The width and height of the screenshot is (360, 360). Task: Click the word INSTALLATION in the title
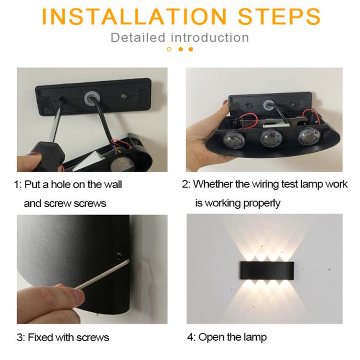134,17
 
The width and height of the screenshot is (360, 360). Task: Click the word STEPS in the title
279,17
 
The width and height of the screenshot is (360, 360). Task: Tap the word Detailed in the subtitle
138,38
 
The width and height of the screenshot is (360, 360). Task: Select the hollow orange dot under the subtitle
169,49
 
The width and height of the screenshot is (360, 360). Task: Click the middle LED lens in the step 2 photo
271,139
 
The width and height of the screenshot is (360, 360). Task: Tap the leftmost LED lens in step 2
234,140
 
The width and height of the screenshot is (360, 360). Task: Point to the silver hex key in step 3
102,274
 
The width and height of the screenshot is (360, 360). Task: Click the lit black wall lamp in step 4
267,271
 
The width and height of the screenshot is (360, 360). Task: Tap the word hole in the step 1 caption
61,184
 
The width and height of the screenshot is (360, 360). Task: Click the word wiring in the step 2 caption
265,184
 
